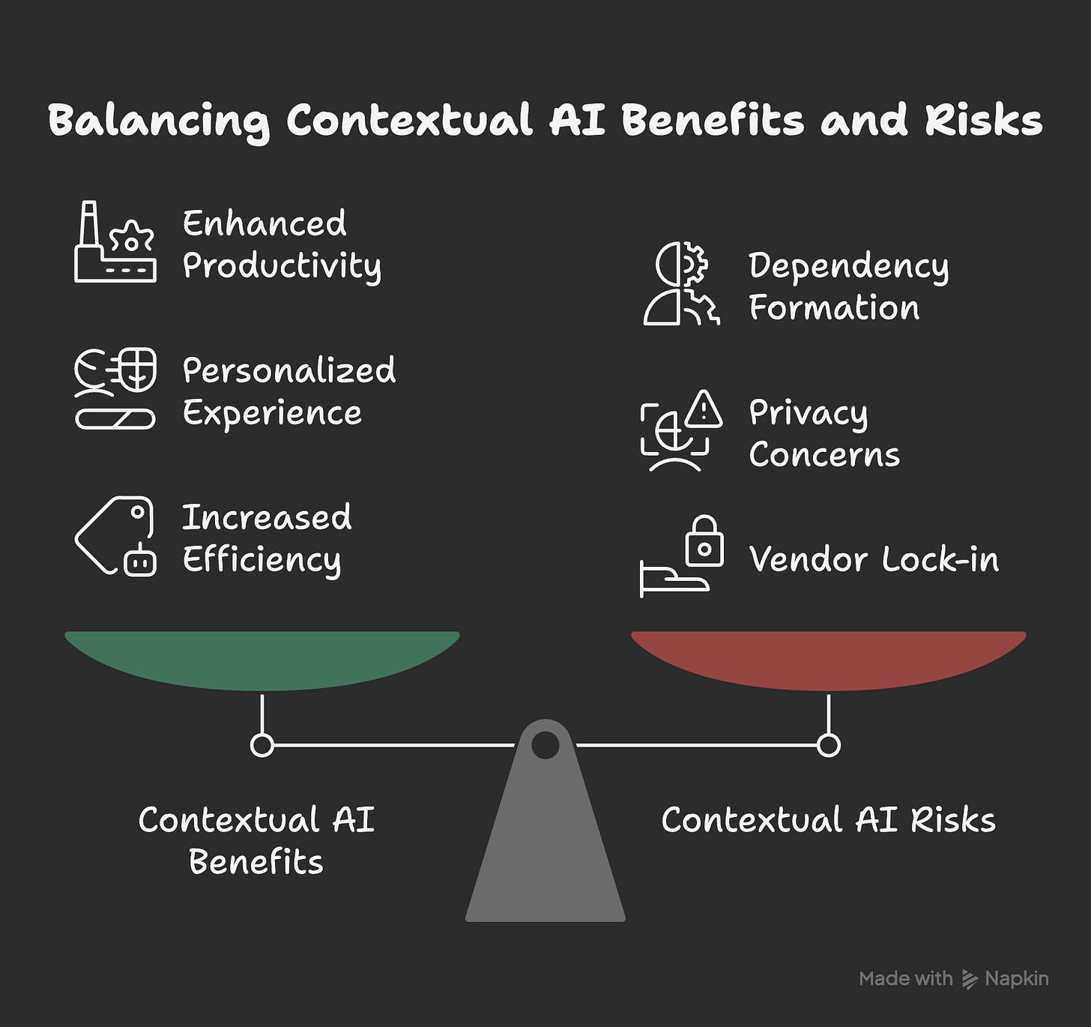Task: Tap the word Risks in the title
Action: tap(983, 121)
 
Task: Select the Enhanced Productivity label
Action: tap(282, 245)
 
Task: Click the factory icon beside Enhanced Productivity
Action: tap(115, 242)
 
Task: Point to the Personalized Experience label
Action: tap(289, 392)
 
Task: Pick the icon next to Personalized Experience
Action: tap(115, 388)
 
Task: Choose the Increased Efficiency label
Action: tap(267, 539)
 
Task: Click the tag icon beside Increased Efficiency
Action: tap(115, 535)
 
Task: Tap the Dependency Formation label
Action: tap(848, 287)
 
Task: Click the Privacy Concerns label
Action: tap(824, 434)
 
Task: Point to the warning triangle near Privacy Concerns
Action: tap(704, 409)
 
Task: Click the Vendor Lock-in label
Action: tap(874, 559)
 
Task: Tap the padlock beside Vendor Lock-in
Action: tap(704, 541)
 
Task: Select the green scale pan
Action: tap(262, 658)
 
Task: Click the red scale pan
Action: tap(828, 658)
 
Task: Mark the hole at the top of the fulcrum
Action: tap(545, 745)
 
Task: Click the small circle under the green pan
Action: tap(262, 746)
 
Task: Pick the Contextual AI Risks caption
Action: tap(828, 820)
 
